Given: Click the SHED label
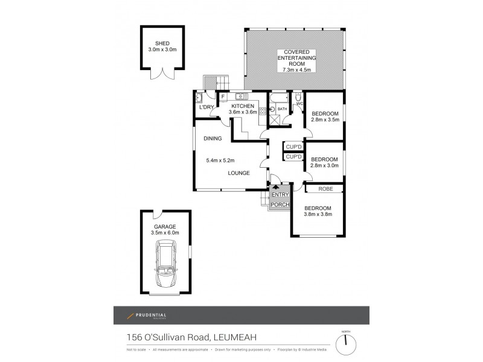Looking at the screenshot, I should tap(162, 43).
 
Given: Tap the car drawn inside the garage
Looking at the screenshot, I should tap(165, 263).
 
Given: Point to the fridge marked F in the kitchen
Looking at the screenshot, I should tap(223, 97).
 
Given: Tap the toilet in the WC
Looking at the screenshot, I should tap(298, 98).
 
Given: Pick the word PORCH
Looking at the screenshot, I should tap(280, 205).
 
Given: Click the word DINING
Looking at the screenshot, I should tap(213, 139).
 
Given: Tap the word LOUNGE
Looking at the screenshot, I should tap(239, 173).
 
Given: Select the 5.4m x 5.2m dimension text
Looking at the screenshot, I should tap(221, 160).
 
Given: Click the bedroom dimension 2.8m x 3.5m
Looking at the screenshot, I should tap(324, 120).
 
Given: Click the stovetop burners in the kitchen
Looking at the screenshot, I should tap(263, 110).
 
